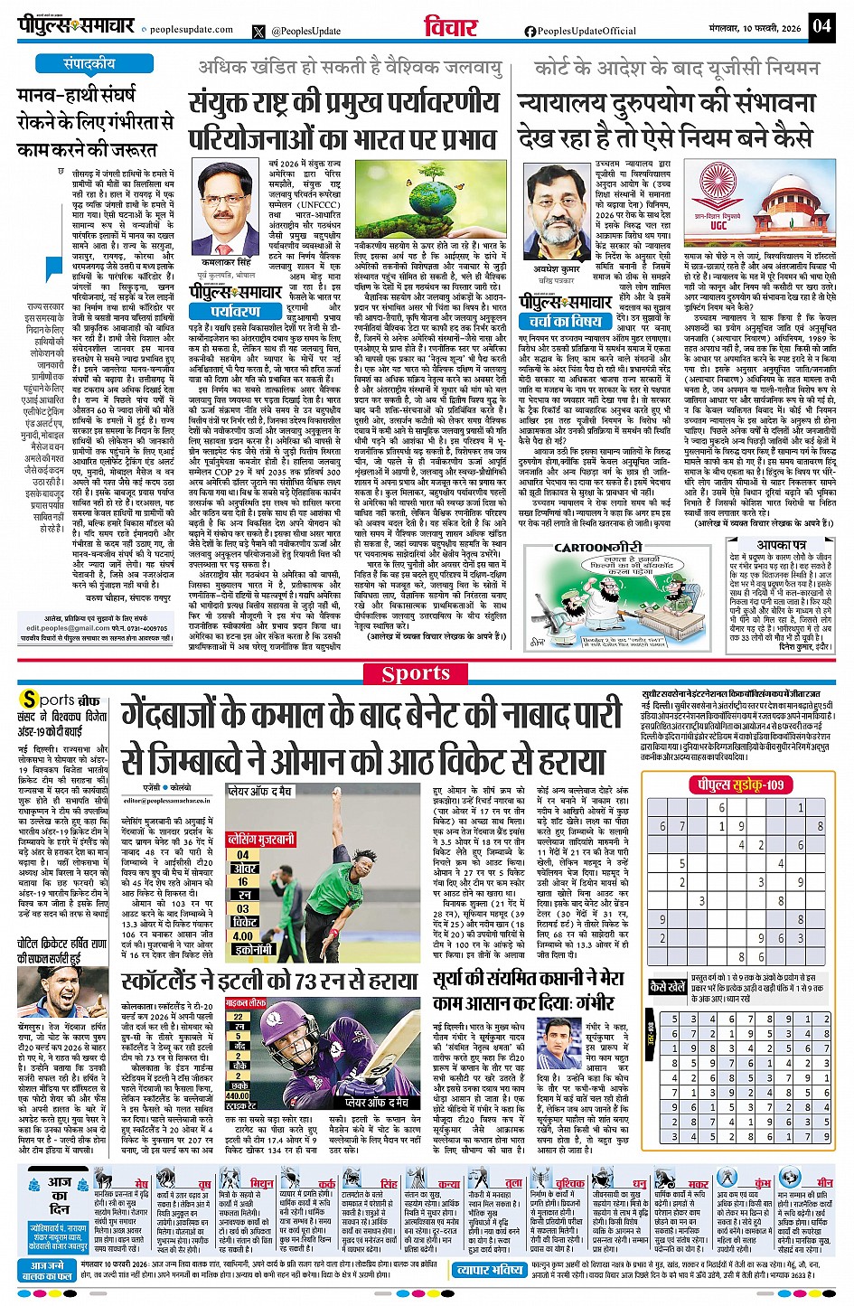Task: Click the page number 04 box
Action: (821, 24)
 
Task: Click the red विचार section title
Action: (451, 26)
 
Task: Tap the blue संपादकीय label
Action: (89, 64)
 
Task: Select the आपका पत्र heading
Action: (781, 545)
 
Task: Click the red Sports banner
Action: (416, 673)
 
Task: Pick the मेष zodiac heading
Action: (142, 1183)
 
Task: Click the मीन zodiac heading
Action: (824, 1183)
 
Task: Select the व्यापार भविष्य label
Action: (489, 1271)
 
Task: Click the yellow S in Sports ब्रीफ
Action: (30, 700)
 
